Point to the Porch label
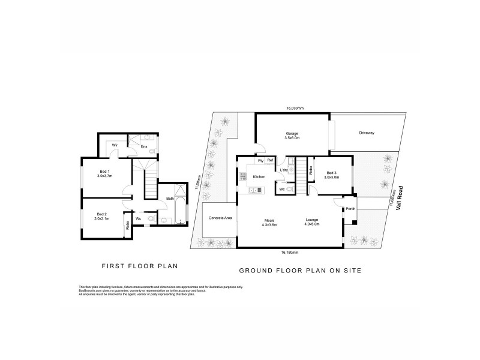pos(350,209)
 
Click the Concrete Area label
pos(220,217)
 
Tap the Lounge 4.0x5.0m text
pos(311,222)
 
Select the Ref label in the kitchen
pos(270,160)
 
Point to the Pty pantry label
pos(260,160)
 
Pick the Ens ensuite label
pos(144,146)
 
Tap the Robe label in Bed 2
pos(127,226)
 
